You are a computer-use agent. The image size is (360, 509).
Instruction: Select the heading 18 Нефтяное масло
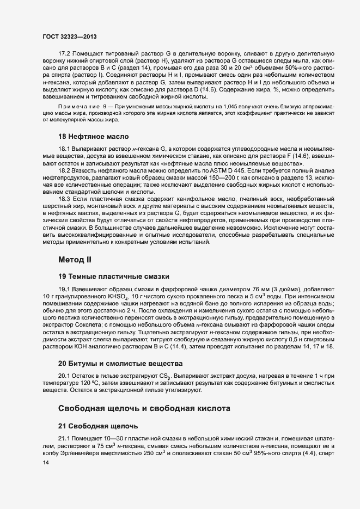point(93,135)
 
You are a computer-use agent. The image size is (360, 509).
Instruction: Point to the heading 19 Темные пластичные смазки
point(114,275)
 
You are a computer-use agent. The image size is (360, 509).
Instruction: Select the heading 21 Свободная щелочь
point(98,425)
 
